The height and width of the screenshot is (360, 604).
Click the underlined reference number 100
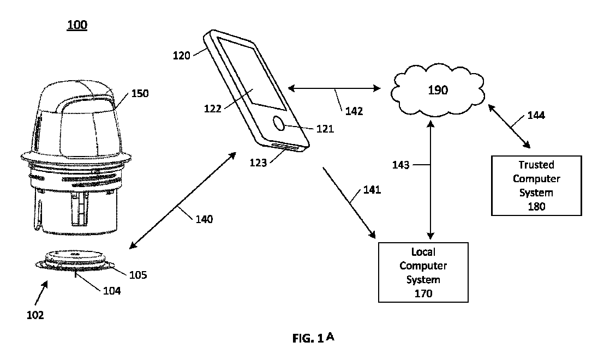(77, 25)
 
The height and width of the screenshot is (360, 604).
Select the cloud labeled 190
(438, 90)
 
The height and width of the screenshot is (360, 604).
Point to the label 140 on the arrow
(205, 220)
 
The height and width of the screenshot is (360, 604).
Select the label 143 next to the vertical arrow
(401, 164)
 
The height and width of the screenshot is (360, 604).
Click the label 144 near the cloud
(535, 116)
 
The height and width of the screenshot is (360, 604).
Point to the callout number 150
(139, 93)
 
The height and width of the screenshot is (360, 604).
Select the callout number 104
(112, 291)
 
